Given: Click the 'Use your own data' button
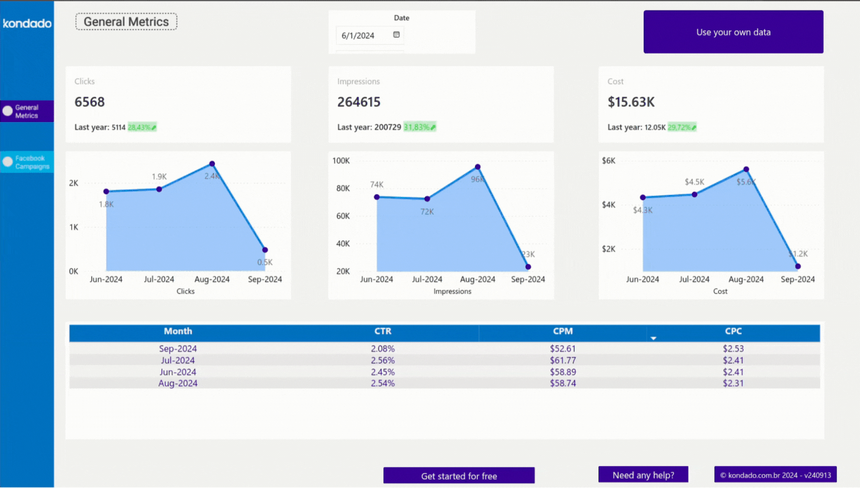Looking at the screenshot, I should (733, 32).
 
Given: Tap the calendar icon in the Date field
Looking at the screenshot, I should (396, 35).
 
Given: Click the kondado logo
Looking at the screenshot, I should (27, 23).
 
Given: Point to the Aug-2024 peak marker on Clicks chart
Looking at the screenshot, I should (212, 164).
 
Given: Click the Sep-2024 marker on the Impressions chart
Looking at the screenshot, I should (528, 266).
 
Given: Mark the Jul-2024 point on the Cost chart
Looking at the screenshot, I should (694, 194).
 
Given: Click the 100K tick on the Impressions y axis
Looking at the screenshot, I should (341, 161).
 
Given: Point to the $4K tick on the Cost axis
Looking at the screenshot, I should (609, 205).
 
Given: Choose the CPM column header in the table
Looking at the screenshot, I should (563, 331).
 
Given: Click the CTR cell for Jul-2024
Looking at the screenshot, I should (383, 360).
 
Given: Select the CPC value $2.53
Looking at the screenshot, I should (733, 349).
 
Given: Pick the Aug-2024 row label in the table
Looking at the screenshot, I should (178, 383).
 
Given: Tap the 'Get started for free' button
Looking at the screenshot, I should (459, 476).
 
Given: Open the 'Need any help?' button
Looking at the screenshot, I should (643, 475).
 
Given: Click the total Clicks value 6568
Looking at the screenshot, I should (90, 102).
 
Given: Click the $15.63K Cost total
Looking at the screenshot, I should (631, 102).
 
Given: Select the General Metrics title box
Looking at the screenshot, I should (126, 22).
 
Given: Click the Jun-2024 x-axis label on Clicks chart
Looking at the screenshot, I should (106, 279).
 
